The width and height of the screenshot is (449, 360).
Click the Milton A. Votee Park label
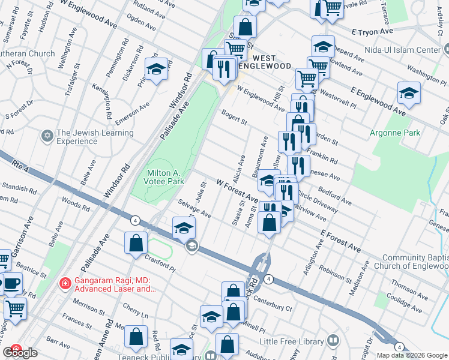[x=165, y=176]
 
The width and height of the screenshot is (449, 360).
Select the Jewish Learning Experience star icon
[x=47, y=137]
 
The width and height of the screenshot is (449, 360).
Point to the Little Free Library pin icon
[x=333, y=341]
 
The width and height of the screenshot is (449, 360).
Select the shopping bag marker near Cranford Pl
[x=136, y=243]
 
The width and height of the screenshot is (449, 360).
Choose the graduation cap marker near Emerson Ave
[x=156, y=70]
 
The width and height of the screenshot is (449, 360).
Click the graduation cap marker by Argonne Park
[x=409, y=94]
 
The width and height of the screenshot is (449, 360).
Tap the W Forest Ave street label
[x=237, y=191]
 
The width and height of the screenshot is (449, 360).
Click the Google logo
[x=20, y=353]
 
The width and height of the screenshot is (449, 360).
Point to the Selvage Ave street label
[x=194, y=210]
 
